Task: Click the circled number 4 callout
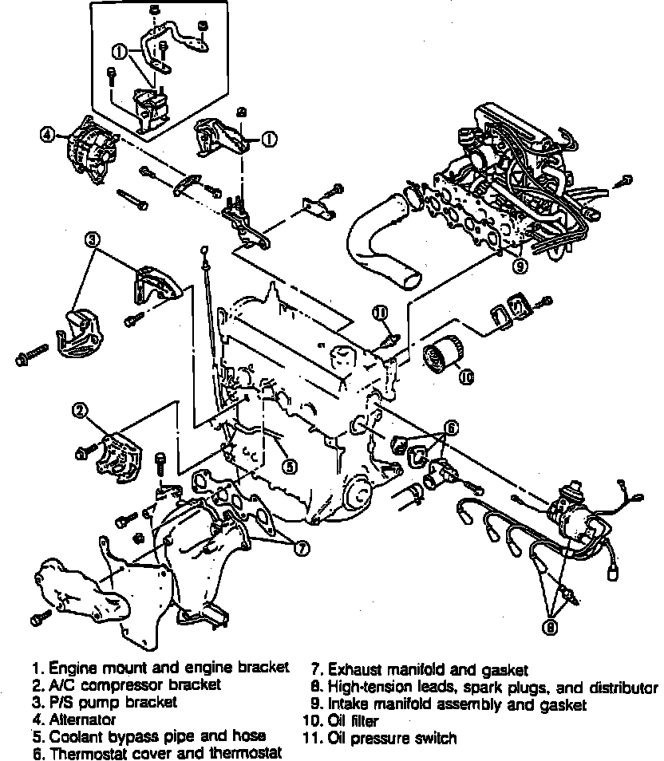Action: tap(48, 135)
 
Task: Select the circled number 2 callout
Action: tap(80, 411)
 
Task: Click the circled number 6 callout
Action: tap(451, 428)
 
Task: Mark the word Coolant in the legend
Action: tap(76, 735)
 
